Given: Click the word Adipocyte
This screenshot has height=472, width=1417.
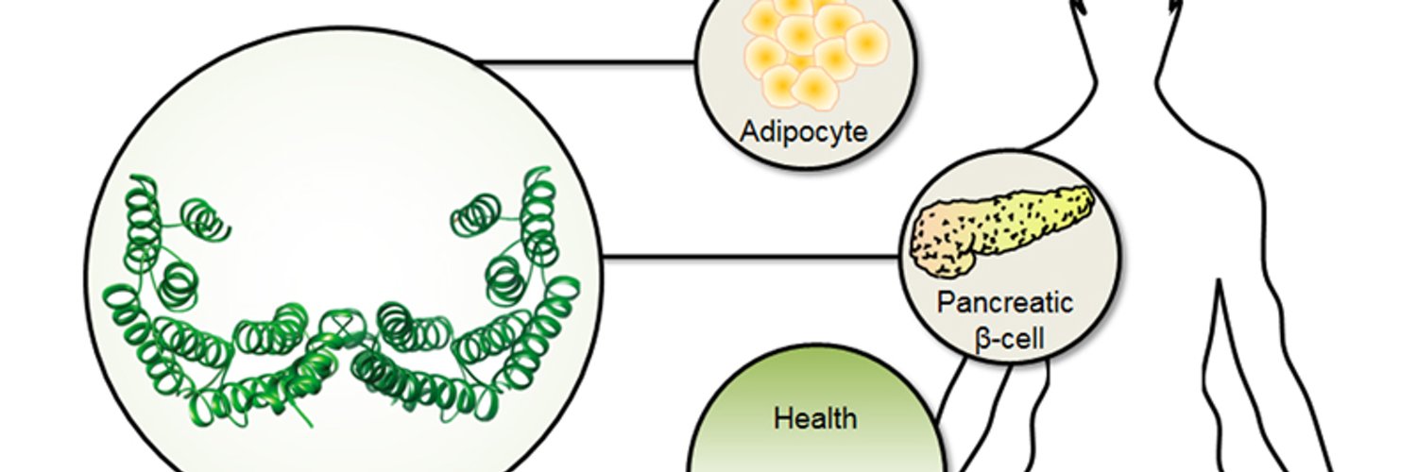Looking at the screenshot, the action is coord(803,133).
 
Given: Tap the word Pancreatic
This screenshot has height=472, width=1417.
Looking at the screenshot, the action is coord(1005,302).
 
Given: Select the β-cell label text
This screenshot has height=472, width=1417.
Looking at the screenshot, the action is coord(1009,340).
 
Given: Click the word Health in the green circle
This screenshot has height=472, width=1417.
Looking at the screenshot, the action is coord(815,419).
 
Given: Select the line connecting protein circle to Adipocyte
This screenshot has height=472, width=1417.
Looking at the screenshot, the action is coord(585,62).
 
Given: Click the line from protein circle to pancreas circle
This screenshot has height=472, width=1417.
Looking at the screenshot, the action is coord(751,257).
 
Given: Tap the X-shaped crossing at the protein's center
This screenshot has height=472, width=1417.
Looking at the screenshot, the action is coord(342,327).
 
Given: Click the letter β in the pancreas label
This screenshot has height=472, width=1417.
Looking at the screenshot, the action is coord(982,341).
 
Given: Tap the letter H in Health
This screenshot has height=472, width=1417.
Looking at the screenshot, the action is coord(783,419).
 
